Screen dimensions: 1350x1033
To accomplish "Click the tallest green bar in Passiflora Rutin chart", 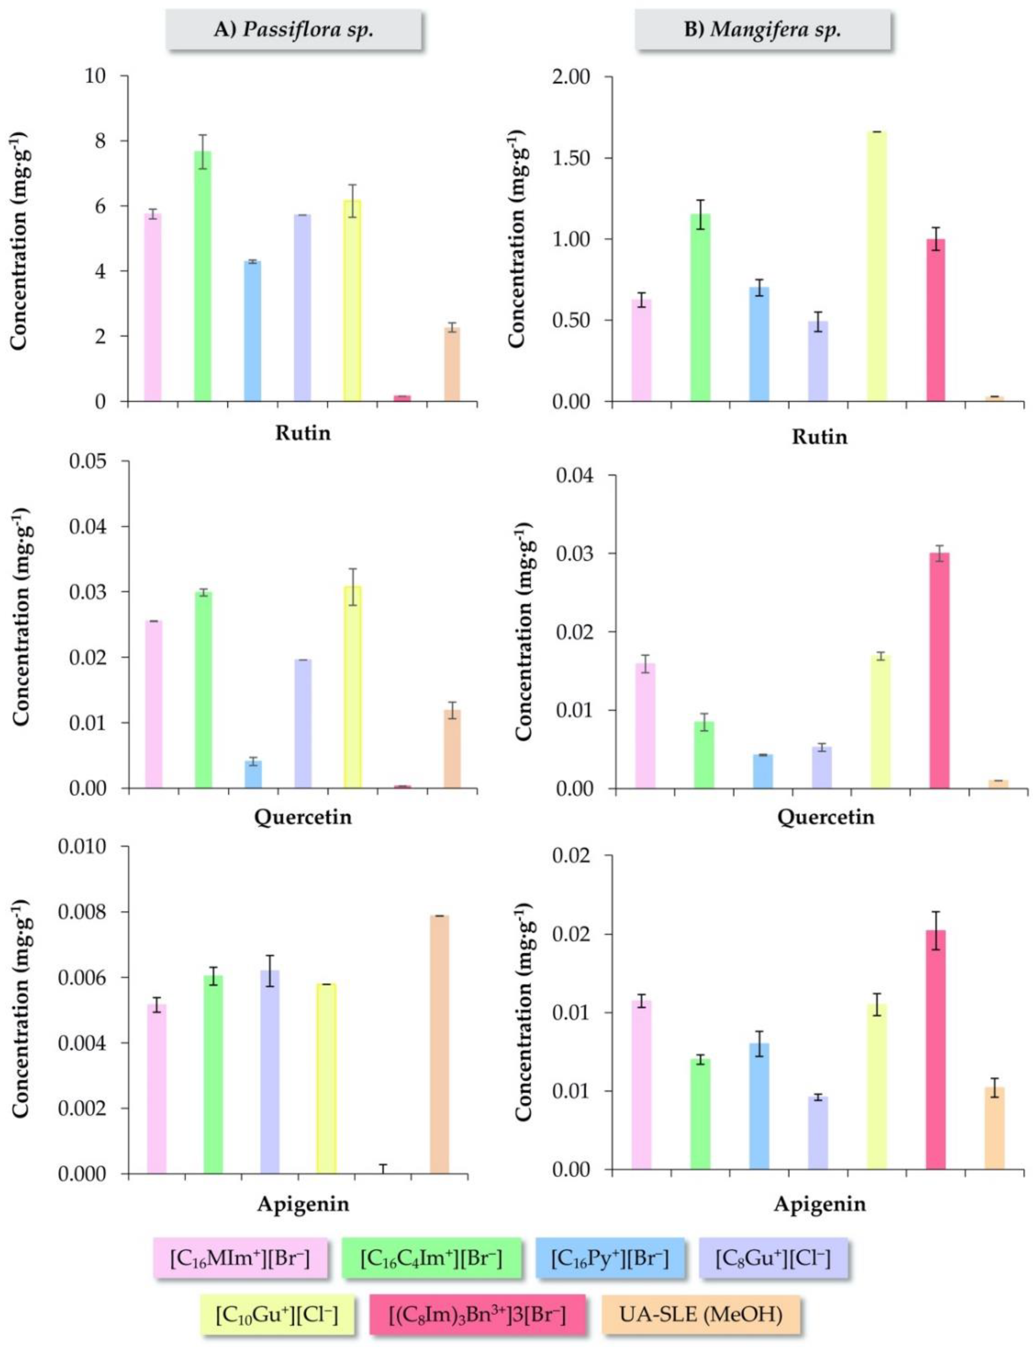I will (x=203, y=277).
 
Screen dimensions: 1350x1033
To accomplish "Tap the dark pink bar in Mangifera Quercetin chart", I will (x=939, y=670).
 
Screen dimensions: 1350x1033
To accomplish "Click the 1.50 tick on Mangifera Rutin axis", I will (x=572, y=158).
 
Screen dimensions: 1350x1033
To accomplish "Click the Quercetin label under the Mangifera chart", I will (x=825, y=818).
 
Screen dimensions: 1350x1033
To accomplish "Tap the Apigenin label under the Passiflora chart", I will (x=303, y=1204).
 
